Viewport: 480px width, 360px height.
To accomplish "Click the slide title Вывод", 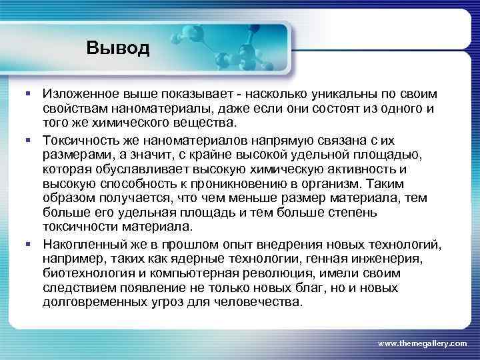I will (x=118, y=49).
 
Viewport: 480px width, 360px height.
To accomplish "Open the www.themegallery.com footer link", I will (x=422, y=343).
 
